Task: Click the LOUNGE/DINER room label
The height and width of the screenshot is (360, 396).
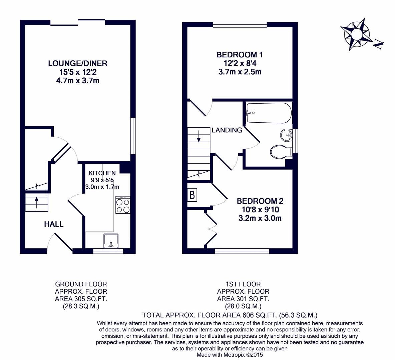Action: click(78, 63)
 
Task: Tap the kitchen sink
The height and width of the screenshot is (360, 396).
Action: click(111, 240)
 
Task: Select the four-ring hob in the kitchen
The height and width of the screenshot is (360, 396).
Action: click(123, 206)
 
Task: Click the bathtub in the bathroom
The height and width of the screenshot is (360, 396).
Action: click(269, 113)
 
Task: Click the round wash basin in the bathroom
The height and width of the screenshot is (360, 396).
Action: click(286, 135)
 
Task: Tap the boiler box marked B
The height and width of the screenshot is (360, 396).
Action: click(192, 195)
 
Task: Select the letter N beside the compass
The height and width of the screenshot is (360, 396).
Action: click(378, 44)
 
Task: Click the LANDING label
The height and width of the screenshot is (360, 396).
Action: click(227, 130)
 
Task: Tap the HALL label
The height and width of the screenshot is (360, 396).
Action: click(54, 224)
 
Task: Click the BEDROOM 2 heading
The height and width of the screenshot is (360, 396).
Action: click(260, 201)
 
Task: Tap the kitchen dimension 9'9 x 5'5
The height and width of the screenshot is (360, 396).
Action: click(102, 180)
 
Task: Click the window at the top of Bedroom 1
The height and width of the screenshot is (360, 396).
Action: click(240, 24)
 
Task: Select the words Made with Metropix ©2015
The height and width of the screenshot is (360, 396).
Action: click(230, 355)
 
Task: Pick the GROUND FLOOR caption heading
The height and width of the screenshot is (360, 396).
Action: click(81, 284)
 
